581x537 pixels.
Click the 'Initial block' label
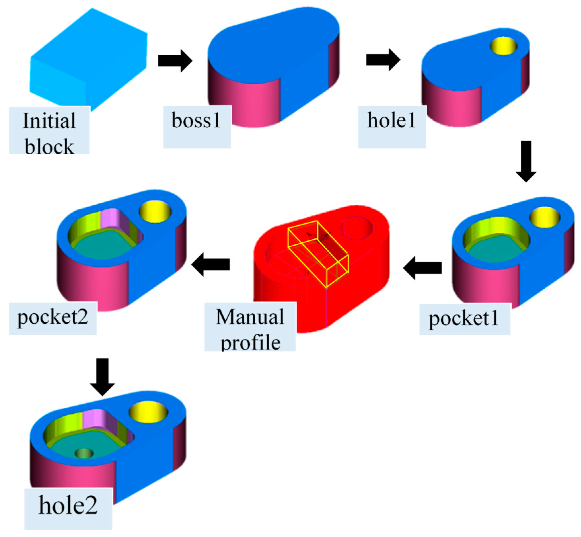tap(49, 131)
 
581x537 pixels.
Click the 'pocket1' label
tap(464, 319)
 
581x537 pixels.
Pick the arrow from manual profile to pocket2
tap(211, 264)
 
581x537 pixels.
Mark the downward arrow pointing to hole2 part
tap(103, 377)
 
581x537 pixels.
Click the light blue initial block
tap(88, 60)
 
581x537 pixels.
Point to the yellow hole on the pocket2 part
tap(155, 212)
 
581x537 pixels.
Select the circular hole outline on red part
tap(357, 228)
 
